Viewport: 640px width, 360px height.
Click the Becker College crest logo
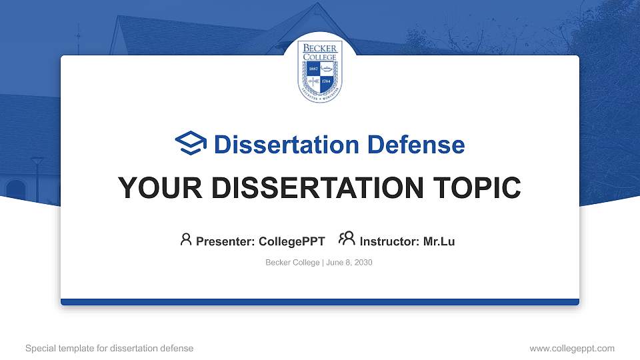(x=320, y=71)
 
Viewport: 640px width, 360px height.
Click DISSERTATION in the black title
(x=313, y=189)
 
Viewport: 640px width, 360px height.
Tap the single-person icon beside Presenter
(x=186, y=240)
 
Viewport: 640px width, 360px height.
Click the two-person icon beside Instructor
(x=347, y=240)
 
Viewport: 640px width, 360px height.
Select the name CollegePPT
(x=292, y=241)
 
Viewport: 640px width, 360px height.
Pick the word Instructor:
(x=388, y=241)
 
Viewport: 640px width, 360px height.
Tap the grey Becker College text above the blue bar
(x=292, y=263)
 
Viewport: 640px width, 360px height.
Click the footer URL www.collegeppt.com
(x=571, y=348)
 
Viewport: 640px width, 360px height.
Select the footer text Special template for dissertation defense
(x=109, y=348)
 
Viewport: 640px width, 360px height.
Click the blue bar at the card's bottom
(x=320, y=302)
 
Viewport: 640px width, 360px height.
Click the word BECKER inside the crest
(x=320, y=49)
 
